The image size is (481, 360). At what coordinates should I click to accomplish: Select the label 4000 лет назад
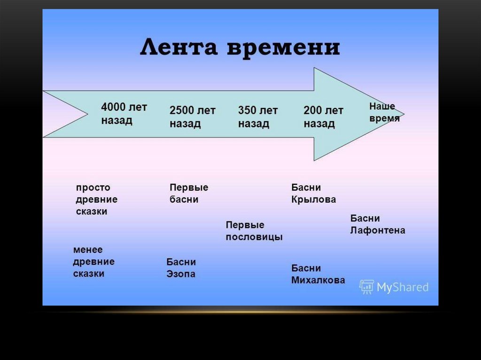pyautogui.click(x=124, y=114)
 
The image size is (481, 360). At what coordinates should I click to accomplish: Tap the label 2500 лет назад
pyautogui.click(x=192, y=117)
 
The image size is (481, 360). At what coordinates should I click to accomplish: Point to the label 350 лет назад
pyautogui.click(x=258, y=117)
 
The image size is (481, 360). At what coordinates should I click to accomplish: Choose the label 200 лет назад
pyautogui.click(x=323, y=117)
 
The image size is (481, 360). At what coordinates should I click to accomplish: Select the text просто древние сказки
pyautogui.click(x=96, y=199)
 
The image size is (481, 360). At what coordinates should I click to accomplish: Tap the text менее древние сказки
pyautogui.click(x=93, y=261)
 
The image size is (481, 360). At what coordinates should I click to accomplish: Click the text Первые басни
pyautogui.click(x=188, y=193)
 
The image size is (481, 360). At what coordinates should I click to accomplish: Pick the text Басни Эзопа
pyautogui.click(x=181, y=268)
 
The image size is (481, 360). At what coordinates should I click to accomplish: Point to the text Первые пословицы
pyautogui.click(x=254, y=231)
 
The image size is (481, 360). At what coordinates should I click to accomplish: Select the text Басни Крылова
pyautogui.click(x=313, y=193)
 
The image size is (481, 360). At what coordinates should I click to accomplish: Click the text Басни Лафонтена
pyautogui.click(x=377, y=224)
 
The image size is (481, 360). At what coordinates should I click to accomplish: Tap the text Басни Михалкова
pyautogui.click(x=318, y=274)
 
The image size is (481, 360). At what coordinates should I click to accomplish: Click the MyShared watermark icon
pyautogui.click(x=366, y=287)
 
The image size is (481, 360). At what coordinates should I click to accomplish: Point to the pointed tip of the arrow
pyautogui.click(x=403, y=113)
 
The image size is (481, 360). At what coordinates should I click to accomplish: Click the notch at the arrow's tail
pyautogui.click(x=86, y=114)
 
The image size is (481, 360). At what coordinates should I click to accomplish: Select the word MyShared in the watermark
pyautogui.click(x=403, y=287)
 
